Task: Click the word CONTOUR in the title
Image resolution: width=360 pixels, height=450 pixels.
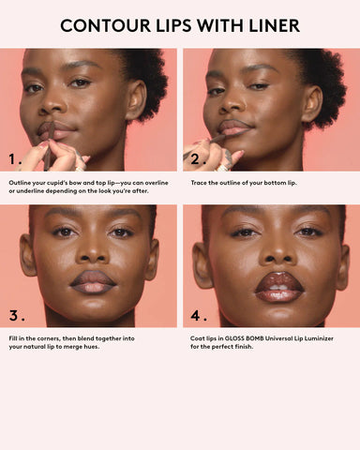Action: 105,25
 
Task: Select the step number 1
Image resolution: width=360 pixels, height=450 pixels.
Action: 16,158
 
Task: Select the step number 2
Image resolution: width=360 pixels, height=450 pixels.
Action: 198,158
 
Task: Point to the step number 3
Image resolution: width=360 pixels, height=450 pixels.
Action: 16,314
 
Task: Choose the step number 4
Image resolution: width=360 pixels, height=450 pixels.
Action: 198,314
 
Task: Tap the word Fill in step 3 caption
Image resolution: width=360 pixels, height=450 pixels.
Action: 14,337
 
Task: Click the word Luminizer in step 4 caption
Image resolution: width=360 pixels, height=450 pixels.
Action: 316,337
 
